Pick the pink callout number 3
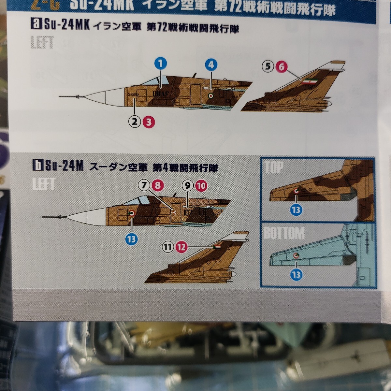tap(148, 122)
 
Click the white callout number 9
tap(188, 185)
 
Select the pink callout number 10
tap(201, 185)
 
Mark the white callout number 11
tap(167, 247)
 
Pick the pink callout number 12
tap(181, 247)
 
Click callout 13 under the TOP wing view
tap(296, 210)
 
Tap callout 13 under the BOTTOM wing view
tap(296, 275)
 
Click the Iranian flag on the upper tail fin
tap(307, 81)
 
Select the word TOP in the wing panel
tap(274, 167)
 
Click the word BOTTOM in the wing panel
tap(284, 233)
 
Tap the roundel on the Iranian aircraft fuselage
tap(210, 95)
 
